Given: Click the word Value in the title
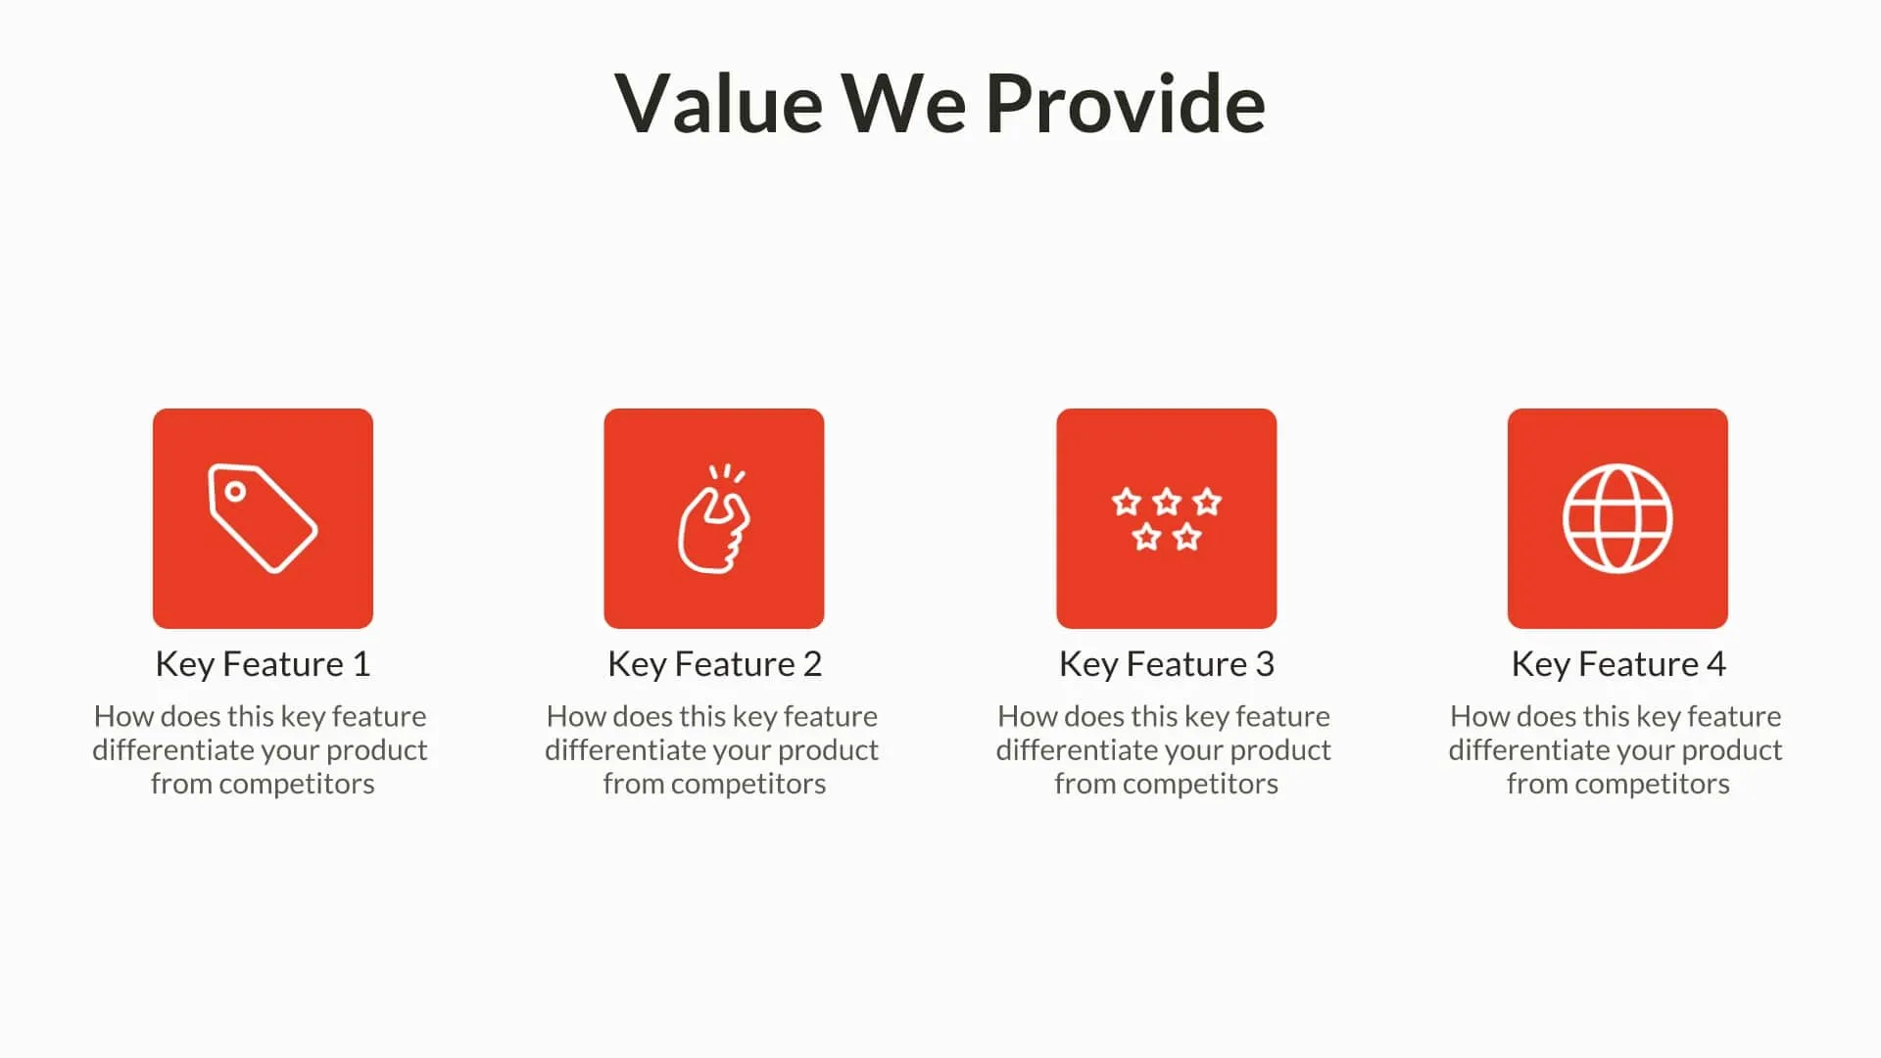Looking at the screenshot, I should pyautogui.click(x=719, y=104).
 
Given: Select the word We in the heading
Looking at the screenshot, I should pyautogui.click(x=903, y=104).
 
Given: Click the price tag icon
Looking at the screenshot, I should pyautogui.click(x=263, y=518).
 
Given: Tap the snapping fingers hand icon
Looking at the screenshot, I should pyautogui.click(x=714, y=520).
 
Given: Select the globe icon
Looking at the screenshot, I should pyautogui.click(x=1617, y=518).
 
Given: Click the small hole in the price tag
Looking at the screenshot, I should pyautogui.click(x=235, y=491).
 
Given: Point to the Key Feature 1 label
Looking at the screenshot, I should pyautogui.click(x=263, y=664).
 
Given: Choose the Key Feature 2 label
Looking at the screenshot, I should pyautogui.click(x=714, y=664).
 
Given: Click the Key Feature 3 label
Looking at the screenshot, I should pyautogui.click(x=1166, y=664).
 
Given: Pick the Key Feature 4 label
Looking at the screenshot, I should pyautogui.click(x=1617, y=664).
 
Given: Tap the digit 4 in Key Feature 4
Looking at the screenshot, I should pyautogui.click(x=1715, y=664).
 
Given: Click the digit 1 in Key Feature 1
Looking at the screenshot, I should pyautogui.click(x=362, y=664).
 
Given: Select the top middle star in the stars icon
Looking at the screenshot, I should pyautogui.click(x=1166, y=503).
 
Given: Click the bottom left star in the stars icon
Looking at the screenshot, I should pyautogui.click(x=1146, y=537).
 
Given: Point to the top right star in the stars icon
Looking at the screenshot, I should pyautogui.click(x=1207, y=503).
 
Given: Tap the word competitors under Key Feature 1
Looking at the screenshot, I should pyautogui.click(x=296, y=784).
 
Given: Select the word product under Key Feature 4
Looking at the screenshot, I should pyautogui.click(x=1731, y=750).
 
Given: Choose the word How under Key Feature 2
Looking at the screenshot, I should pyautogui.click(x=575, y=717).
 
